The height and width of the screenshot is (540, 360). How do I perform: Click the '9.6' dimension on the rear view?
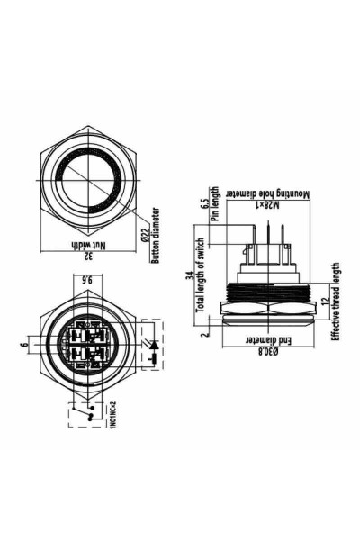click(x=88, y=281)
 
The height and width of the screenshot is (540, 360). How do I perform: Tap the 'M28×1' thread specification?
click(x=261, y=206)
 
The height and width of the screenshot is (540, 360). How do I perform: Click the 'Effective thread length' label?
click(x=336, y=301)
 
